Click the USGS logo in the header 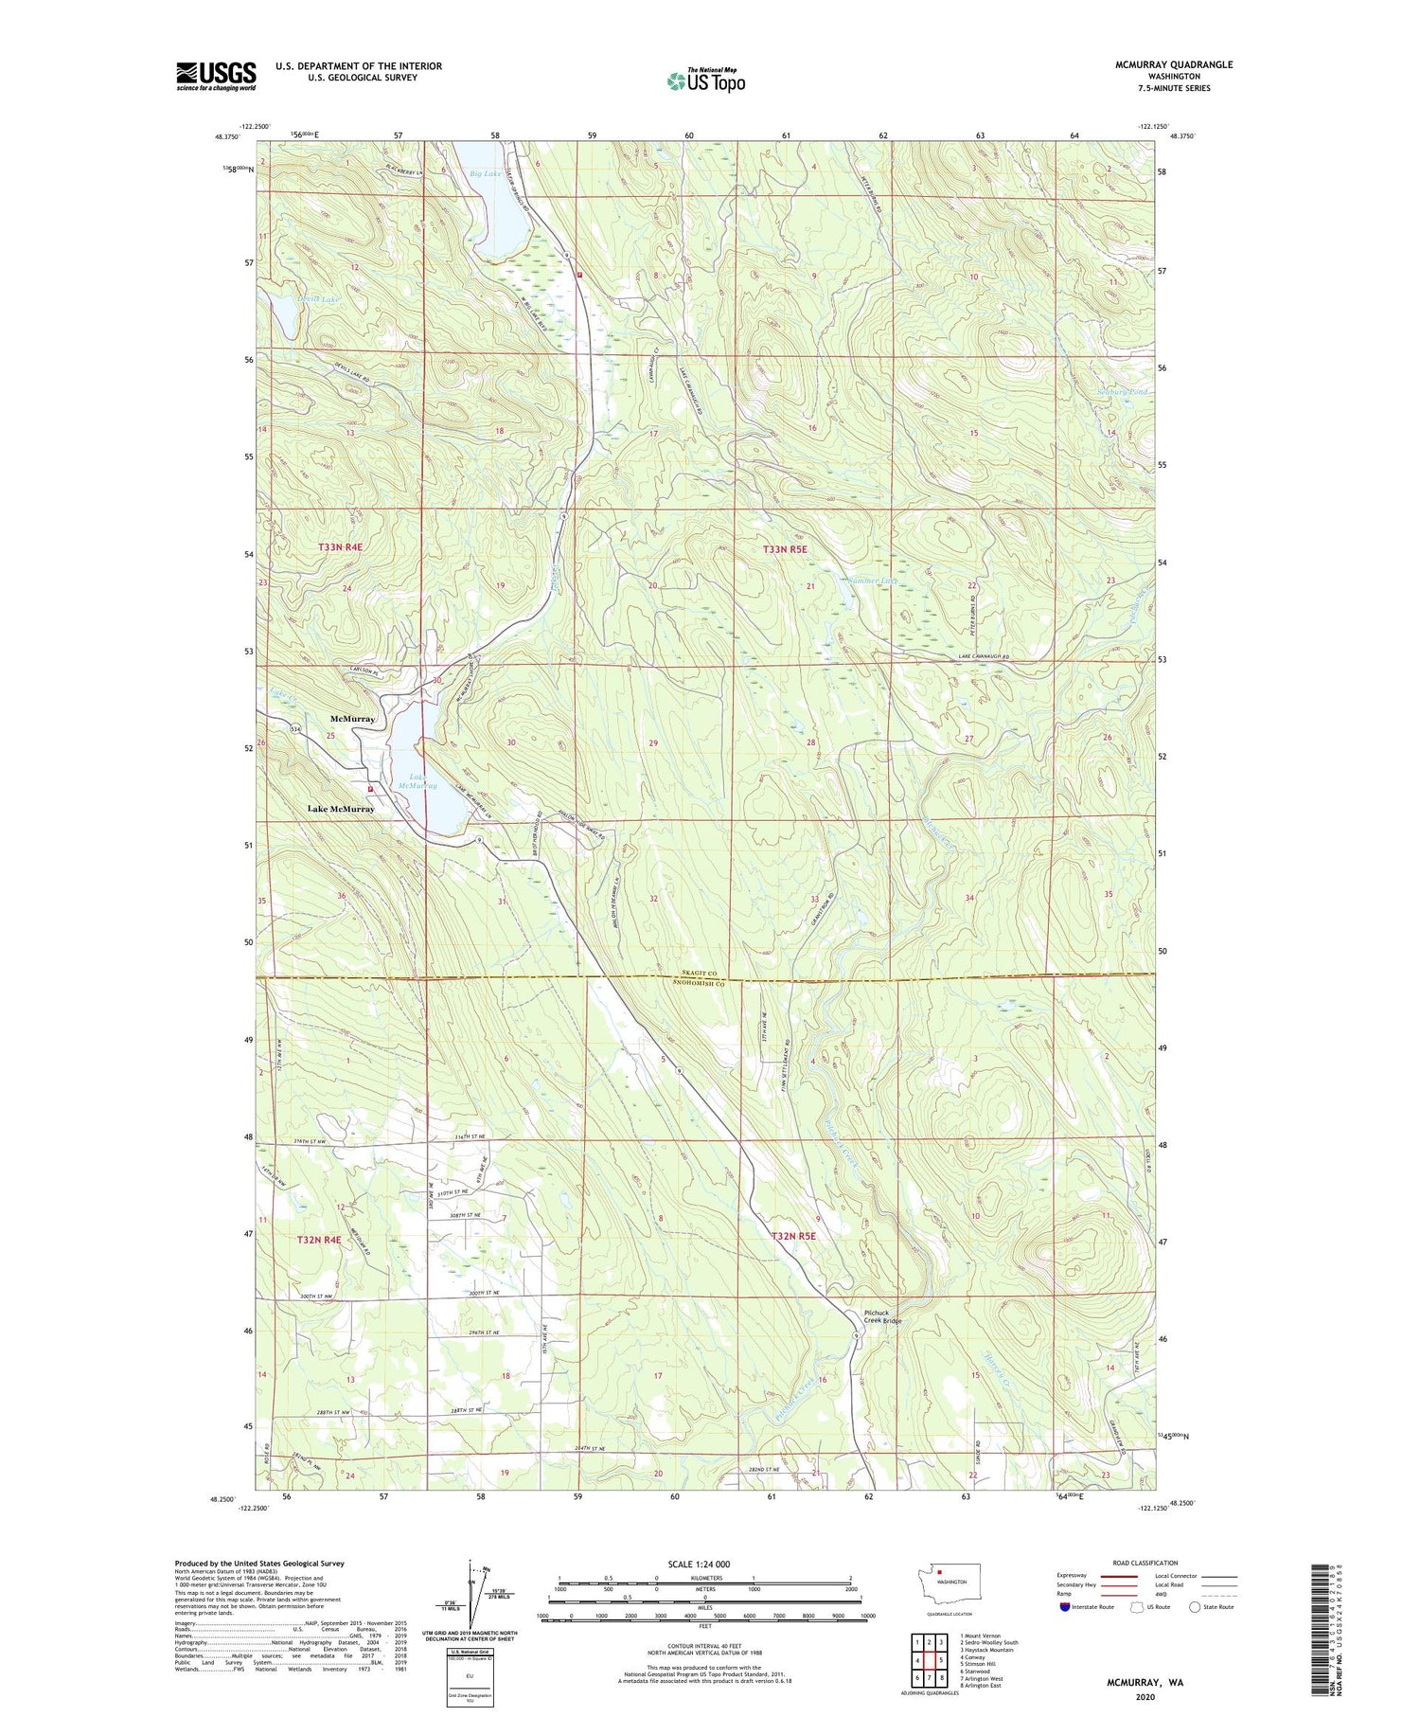(216, 75)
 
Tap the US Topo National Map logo (705, 81)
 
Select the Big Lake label (486, 174)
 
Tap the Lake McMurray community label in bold (328, 809)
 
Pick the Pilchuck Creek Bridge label (882, 1317)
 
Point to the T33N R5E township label (785, 549)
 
